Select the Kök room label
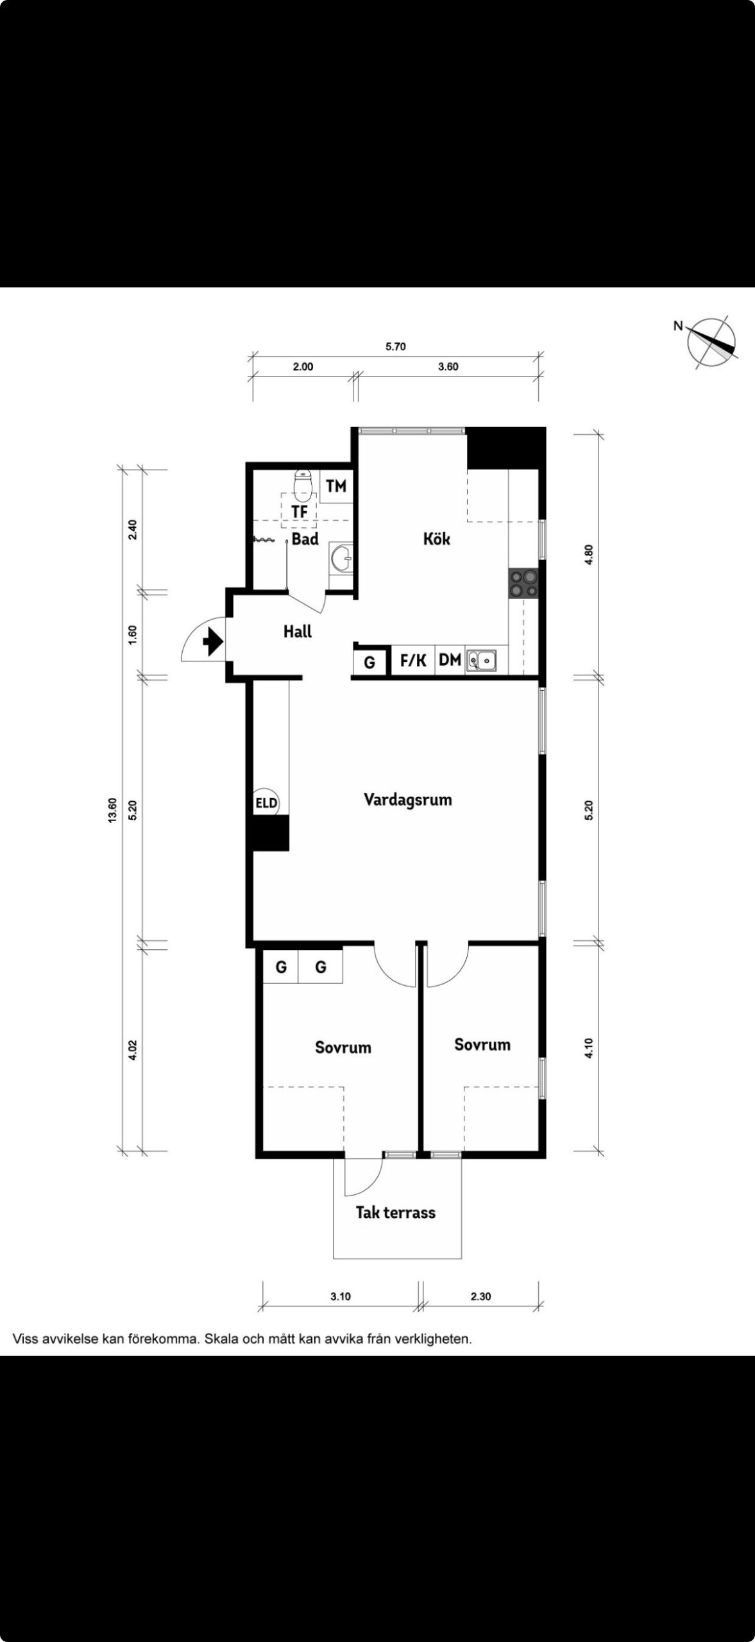[436, 538]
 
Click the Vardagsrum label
[408, 799]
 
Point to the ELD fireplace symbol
[266, 802]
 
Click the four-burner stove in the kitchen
[523, 583]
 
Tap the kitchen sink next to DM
[482, 659]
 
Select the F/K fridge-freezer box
[413, 660]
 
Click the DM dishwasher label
[450, 659]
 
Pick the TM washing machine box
[336, 486]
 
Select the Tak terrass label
[396, 1212]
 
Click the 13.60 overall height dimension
[113, 810]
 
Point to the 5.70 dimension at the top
[395, 347]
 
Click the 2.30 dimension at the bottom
[480, 1296]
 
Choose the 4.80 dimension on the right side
[590, 554]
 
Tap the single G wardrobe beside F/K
[369, 662]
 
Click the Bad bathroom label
[305, 539]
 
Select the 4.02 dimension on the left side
[133, 1049]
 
